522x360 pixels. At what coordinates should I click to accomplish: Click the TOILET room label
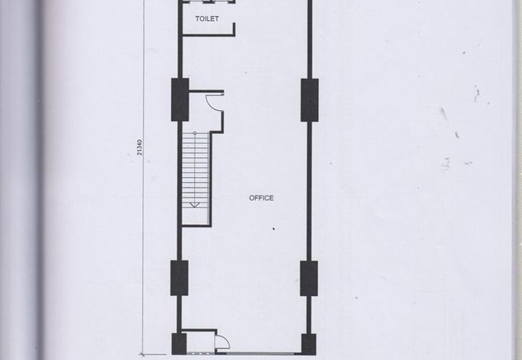[207, 19]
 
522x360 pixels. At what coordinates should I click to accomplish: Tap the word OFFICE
[262, 198]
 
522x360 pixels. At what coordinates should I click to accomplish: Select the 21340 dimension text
[140, 147]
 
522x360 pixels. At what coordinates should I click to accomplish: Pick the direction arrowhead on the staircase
[194, 205]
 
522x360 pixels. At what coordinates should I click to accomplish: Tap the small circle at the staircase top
[195, 133]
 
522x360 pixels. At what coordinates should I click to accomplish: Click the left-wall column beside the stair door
[180, 100]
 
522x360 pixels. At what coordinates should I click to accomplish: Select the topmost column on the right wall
[309, 100]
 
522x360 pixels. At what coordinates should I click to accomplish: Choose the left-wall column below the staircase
[179, 278]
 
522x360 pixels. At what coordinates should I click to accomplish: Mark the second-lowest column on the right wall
[309, 278]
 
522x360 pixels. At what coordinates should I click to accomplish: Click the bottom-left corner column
[179, 344]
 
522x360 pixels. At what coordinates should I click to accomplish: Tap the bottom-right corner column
[309, 344]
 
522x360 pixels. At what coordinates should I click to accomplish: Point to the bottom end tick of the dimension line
[142, 355]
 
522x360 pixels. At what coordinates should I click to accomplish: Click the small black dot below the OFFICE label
[273, 228]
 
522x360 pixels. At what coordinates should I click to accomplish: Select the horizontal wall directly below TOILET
[209, 35]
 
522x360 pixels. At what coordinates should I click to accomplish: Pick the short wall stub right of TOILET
[234, 29]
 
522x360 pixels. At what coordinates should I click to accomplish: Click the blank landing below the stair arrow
[195, 217]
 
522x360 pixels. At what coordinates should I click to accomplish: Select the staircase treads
[195, 170]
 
